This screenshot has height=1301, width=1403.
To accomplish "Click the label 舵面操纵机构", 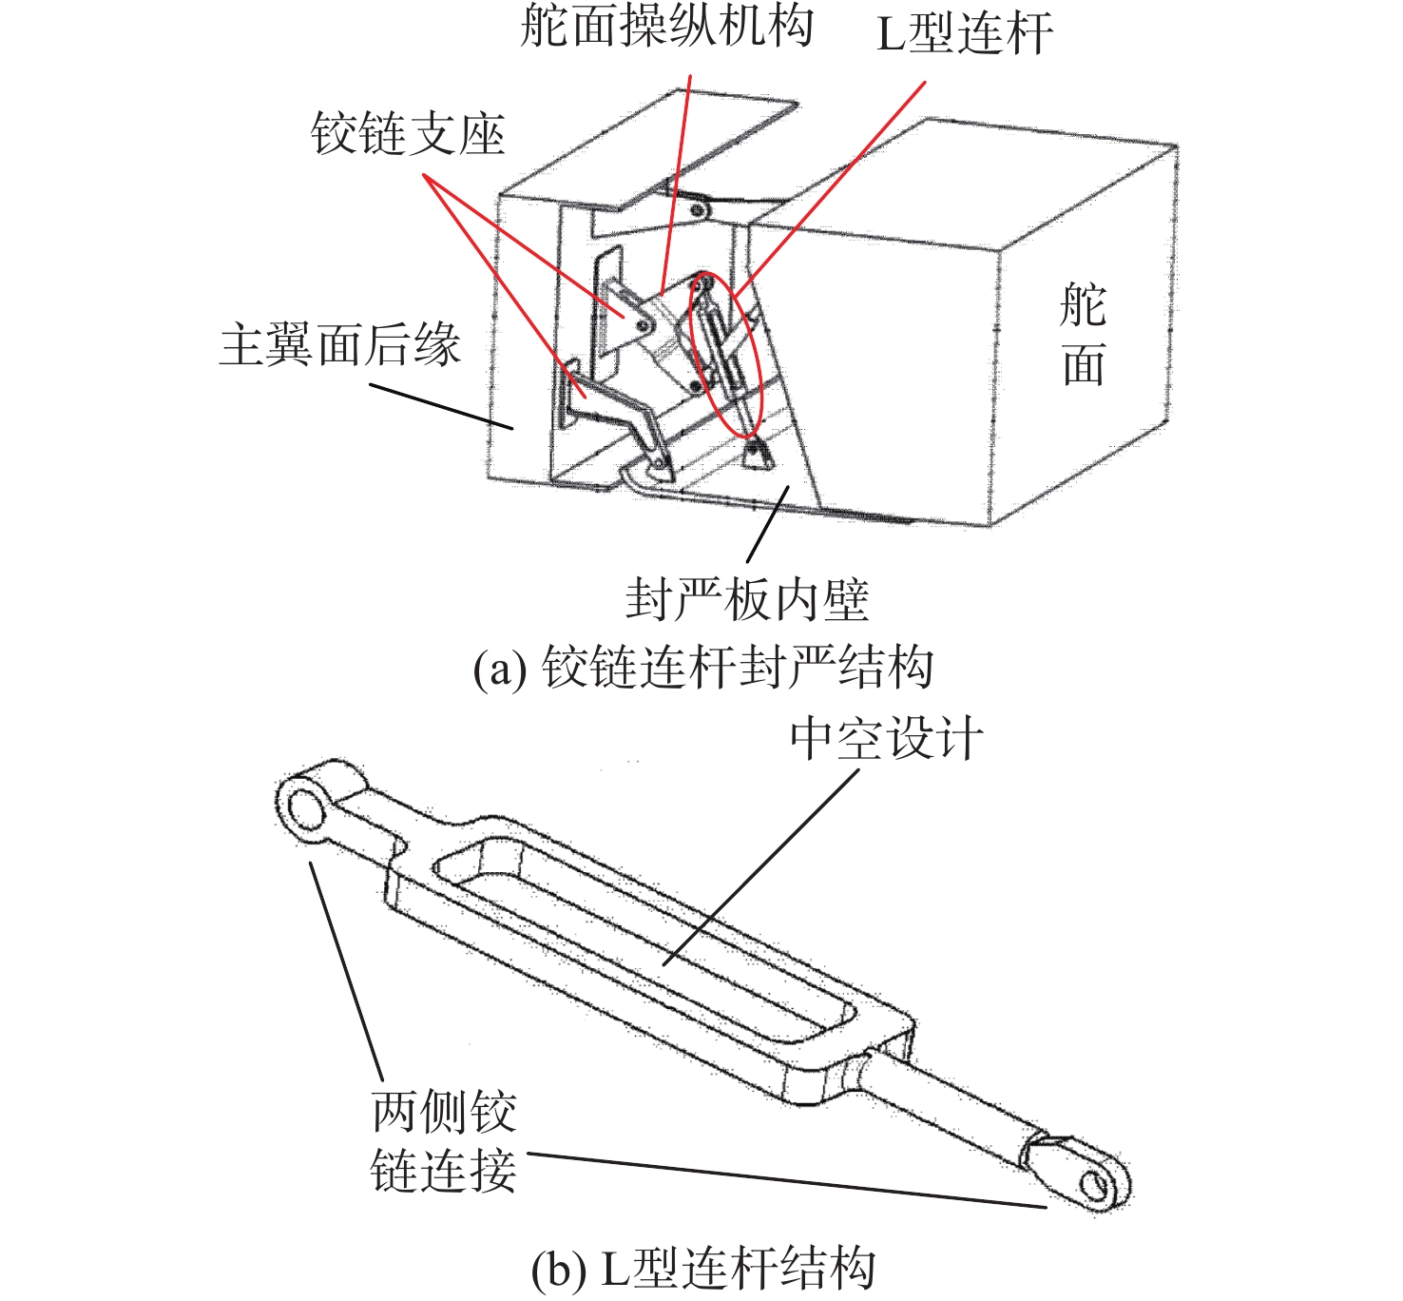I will pyautogui.click(x=666, y=25).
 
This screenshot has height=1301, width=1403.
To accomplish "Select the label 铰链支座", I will pyautogui.click(x=408, y=134).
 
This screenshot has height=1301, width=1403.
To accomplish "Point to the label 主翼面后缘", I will pyautogui.click(x=339, y=344).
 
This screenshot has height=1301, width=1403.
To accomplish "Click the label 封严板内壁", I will pyautogui.click(x=747, y=599).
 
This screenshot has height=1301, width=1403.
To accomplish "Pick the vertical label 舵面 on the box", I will pyautogui.click(x=1084, y=335).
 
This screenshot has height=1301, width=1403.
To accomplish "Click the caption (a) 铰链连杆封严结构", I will pyautogui.click(x=703, y=667).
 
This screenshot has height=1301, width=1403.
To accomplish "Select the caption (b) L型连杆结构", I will pyautogui.click(x=703, y=1268).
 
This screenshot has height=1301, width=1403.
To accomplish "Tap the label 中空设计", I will pyautogui.click(x=886, y=739).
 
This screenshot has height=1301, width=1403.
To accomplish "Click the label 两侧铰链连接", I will pyautogui.click(x=443, y=1141).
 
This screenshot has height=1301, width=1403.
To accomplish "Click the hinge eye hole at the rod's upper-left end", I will pyautogui.click(x=307, y=809).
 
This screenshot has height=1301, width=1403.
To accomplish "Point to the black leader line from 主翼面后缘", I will pyautogui.click(x=442, y=406).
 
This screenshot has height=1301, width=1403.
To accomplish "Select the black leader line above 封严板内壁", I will pyautogui.click(x=767, y=524).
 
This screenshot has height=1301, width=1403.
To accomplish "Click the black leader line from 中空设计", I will pyautogui.click(x=760, y=865).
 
